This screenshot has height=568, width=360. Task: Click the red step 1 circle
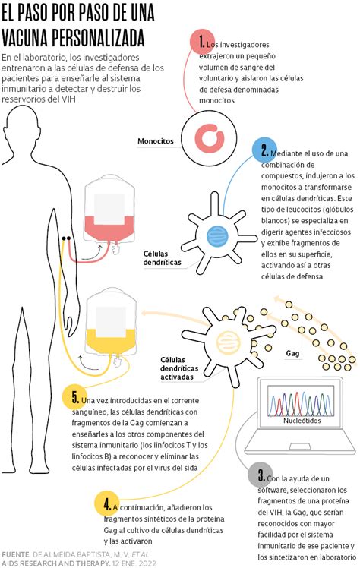click(x=202, y=42)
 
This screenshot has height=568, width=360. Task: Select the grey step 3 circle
click(x=260, y=475)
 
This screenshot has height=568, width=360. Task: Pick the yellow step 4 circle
click(x=106, y=503)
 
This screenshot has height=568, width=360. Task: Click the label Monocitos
click(x=156, y=141)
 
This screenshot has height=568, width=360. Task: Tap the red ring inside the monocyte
click(x=210, y=138)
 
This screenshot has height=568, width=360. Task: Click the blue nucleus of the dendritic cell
click(x=217, y=236)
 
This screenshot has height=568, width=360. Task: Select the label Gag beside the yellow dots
click(x=292, y=353)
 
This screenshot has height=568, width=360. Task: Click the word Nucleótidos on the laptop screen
click(x=302, y=421)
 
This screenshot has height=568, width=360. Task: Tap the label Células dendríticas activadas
click(x=179, y=368)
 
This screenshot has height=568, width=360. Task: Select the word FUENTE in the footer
click(x=15, y=554)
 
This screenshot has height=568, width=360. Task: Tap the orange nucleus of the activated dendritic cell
click(x=227, y=341)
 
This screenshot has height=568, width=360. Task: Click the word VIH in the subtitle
click(x=68, y=99)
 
